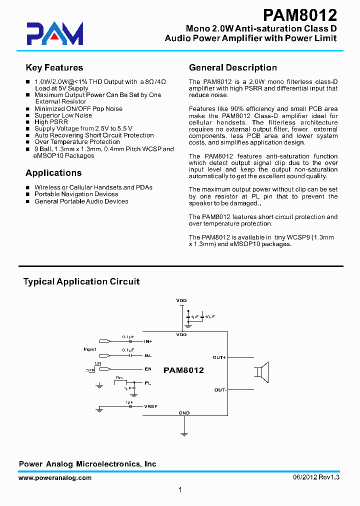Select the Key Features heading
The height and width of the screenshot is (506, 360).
54,68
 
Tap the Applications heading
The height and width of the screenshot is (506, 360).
53,173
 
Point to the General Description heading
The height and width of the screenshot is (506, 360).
232,68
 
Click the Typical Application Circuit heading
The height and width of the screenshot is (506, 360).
81,281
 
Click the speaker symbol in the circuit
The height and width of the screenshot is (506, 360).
263,373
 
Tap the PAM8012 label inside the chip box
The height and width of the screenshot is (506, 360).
183,370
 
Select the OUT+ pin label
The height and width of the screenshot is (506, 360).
219,357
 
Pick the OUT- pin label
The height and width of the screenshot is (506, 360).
220,389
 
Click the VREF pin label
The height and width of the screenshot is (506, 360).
150,406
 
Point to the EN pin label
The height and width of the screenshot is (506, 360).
147,369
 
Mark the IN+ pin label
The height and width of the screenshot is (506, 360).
148,341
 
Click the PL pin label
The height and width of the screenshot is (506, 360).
147,382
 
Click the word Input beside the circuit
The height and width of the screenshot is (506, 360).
90,349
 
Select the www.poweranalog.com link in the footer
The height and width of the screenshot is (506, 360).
55,478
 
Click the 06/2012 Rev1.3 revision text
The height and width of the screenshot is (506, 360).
316,478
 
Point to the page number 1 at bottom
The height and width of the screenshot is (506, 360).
180,490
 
